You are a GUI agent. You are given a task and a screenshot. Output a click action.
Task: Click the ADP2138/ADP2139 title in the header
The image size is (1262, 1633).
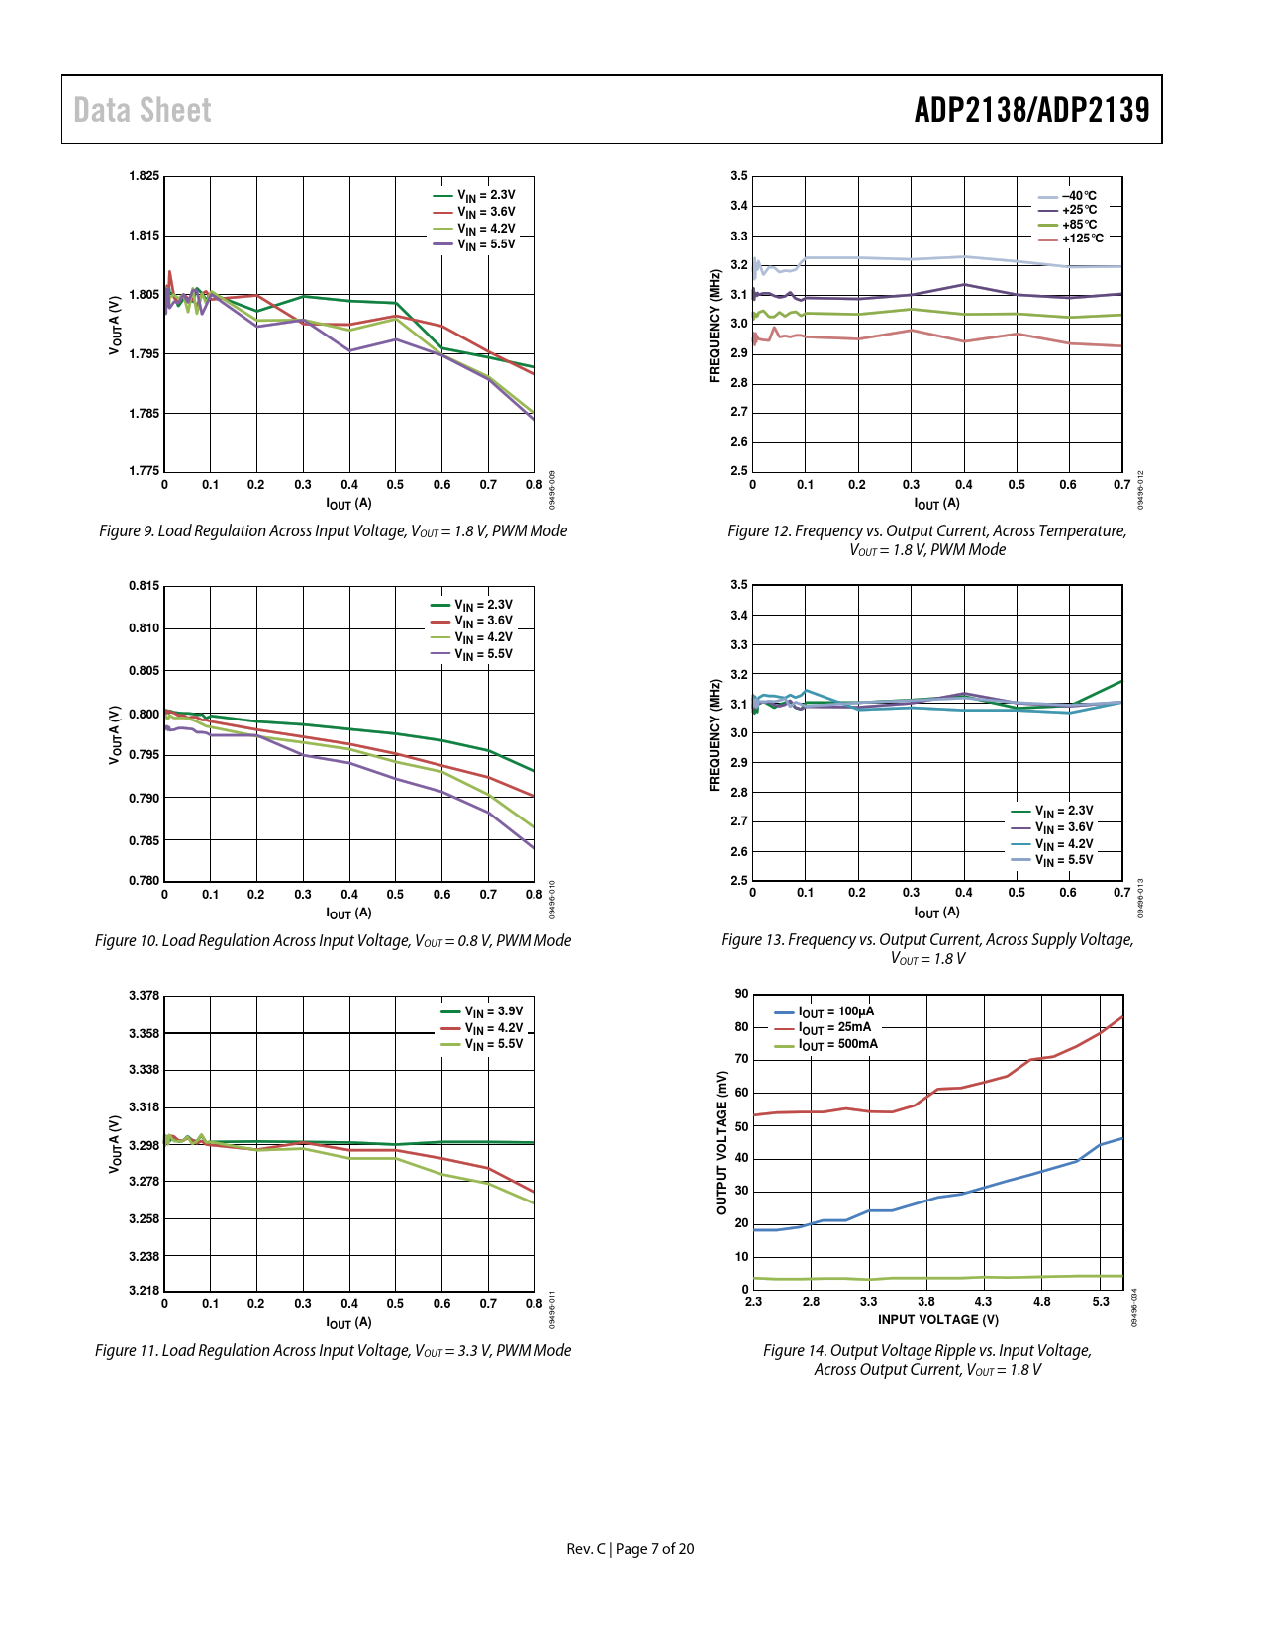pos(1031,110)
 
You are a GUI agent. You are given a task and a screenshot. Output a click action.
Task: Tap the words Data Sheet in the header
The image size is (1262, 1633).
pos(143,110)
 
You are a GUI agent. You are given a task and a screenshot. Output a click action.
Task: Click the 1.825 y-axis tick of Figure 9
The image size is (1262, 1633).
pos(144,176)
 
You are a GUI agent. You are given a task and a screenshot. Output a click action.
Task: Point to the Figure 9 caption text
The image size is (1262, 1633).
pos(333,531)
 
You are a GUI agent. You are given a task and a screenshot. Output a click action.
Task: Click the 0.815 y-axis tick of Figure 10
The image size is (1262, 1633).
pos(144,586)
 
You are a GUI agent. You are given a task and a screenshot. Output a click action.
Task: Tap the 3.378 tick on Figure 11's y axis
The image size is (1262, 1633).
pos(144,996)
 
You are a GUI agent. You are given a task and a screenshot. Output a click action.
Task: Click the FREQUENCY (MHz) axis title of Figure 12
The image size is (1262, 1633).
pos(715,326)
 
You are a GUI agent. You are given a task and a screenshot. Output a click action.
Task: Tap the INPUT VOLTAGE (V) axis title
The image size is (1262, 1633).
pos(937,1319)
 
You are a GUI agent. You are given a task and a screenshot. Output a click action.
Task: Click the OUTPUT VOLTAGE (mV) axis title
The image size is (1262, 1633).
pos(721,1142)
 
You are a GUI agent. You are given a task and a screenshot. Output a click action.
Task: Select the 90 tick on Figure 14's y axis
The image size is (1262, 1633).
pos(742,994)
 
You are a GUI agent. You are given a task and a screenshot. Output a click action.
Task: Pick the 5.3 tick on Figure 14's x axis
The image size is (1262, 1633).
pos(1101,1302)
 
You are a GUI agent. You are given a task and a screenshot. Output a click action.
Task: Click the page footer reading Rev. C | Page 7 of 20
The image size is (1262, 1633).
pos(631,1549)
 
